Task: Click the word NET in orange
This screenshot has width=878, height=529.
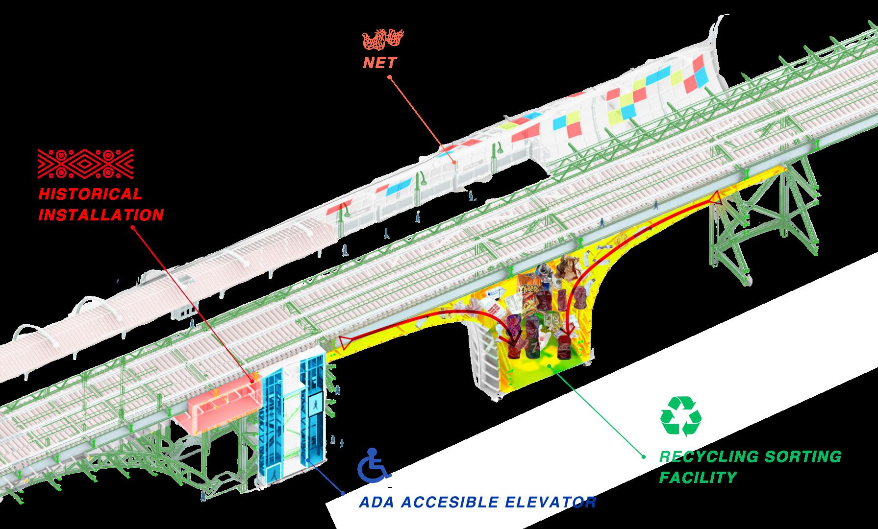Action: pos(380,63)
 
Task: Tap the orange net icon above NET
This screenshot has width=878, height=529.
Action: pos(383,41)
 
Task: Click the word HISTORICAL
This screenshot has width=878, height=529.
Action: pos(90,193)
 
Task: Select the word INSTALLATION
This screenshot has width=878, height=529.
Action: pos(101,215)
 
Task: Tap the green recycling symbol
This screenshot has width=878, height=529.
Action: pos(680,416)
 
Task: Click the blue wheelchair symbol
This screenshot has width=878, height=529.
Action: pos(374,466)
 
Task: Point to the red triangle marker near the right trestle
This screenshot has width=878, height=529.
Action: pos(714,197)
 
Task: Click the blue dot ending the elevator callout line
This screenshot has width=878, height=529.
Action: pos(343,493)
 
